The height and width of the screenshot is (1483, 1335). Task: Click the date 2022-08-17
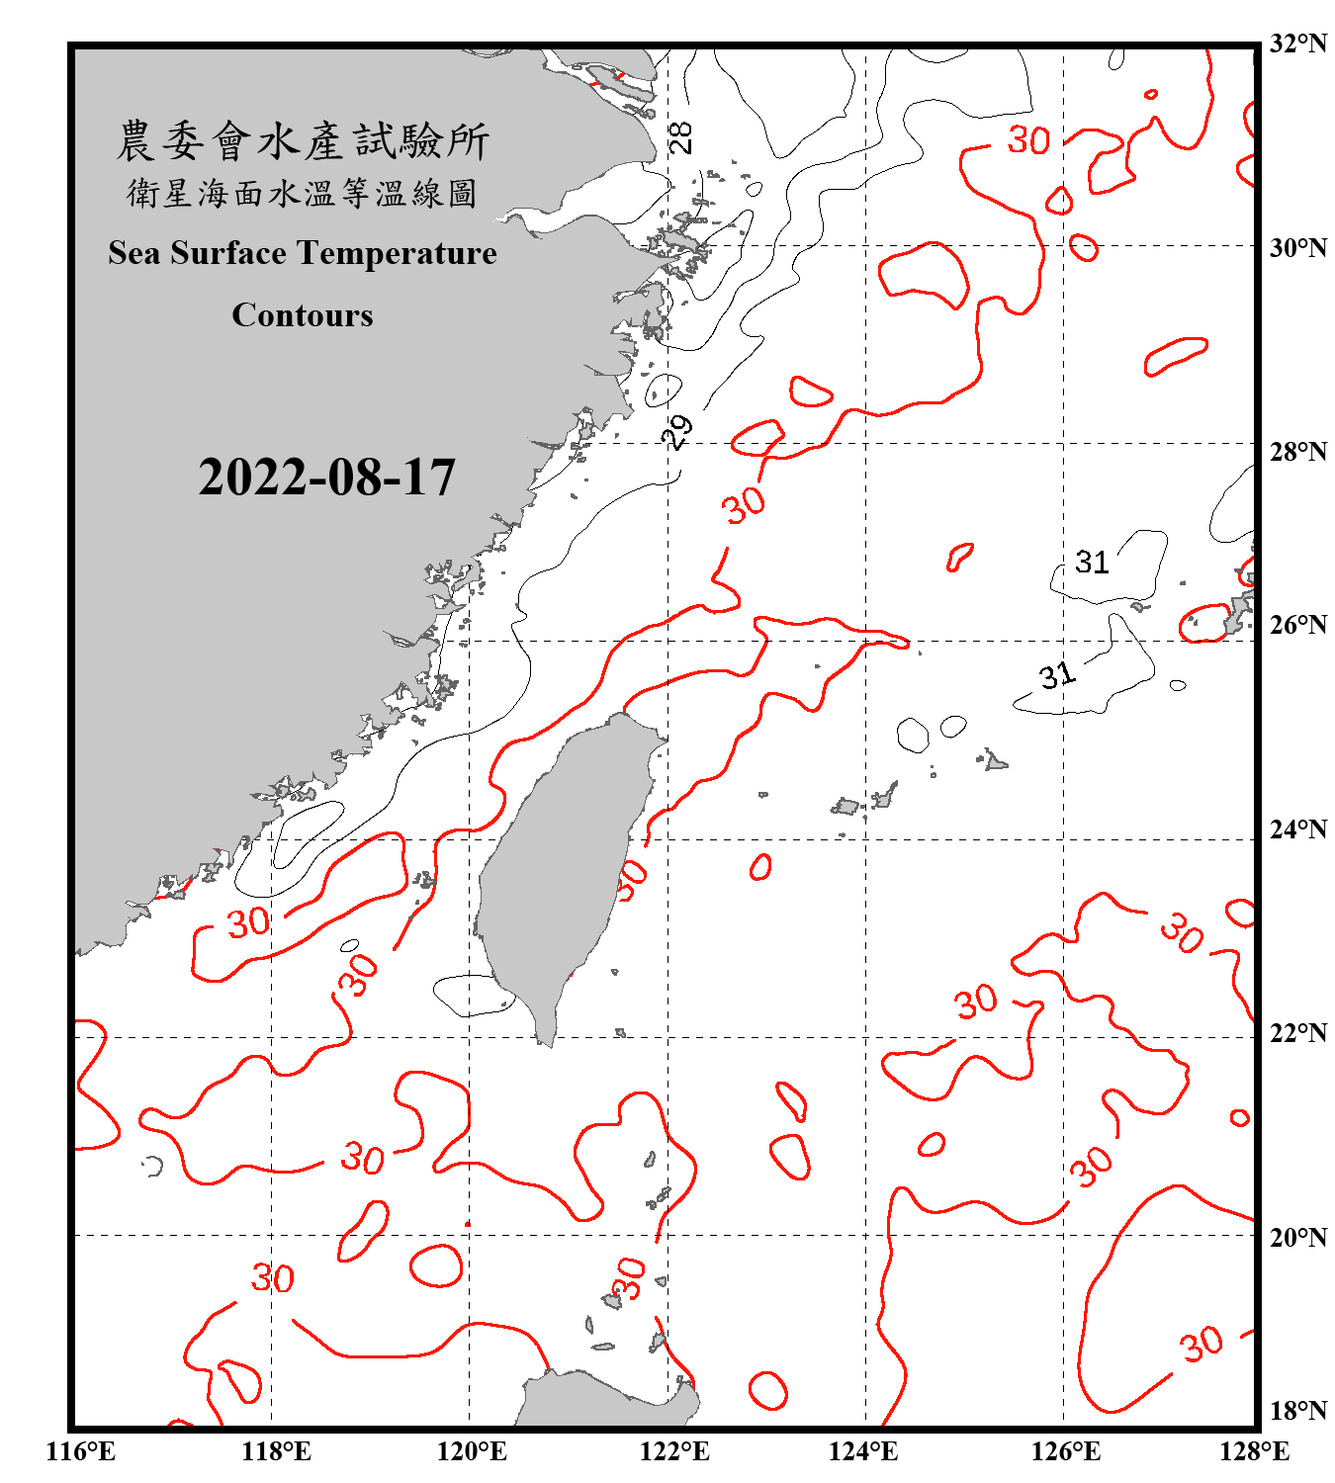coord(326,478)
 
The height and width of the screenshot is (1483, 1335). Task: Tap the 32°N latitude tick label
coord(1297,44)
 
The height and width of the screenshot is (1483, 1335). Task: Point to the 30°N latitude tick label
coord(1297,247)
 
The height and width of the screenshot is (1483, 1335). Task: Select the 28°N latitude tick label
coord(1297,451)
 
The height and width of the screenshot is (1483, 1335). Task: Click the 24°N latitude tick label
coord(1297,829)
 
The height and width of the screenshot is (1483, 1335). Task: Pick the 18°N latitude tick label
coord(1297,1410)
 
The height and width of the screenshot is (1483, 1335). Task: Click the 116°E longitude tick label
coord(80,1451)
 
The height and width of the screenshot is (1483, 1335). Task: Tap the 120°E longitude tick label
coord(472,1451)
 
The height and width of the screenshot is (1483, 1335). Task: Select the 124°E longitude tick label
coord(863,1451)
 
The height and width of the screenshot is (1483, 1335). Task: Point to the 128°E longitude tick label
coord(1254,1451)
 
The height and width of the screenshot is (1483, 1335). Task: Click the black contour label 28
coord(681,136)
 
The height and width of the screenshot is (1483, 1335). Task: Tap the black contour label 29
coord(677,431)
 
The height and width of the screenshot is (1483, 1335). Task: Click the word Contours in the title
coord(303,315)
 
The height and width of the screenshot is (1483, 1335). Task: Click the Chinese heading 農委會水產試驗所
coord(303,141)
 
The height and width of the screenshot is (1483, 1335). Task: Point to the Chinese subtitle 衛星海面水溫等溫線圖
coord(303,194)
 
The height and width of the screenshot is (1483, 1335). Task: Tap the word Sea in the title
coord(134,253)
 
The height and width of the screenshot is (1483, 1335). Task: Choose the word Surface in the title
coord(228,253)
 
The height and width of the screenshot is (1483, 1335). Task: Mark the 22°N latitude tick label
coord(1297,1032)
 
